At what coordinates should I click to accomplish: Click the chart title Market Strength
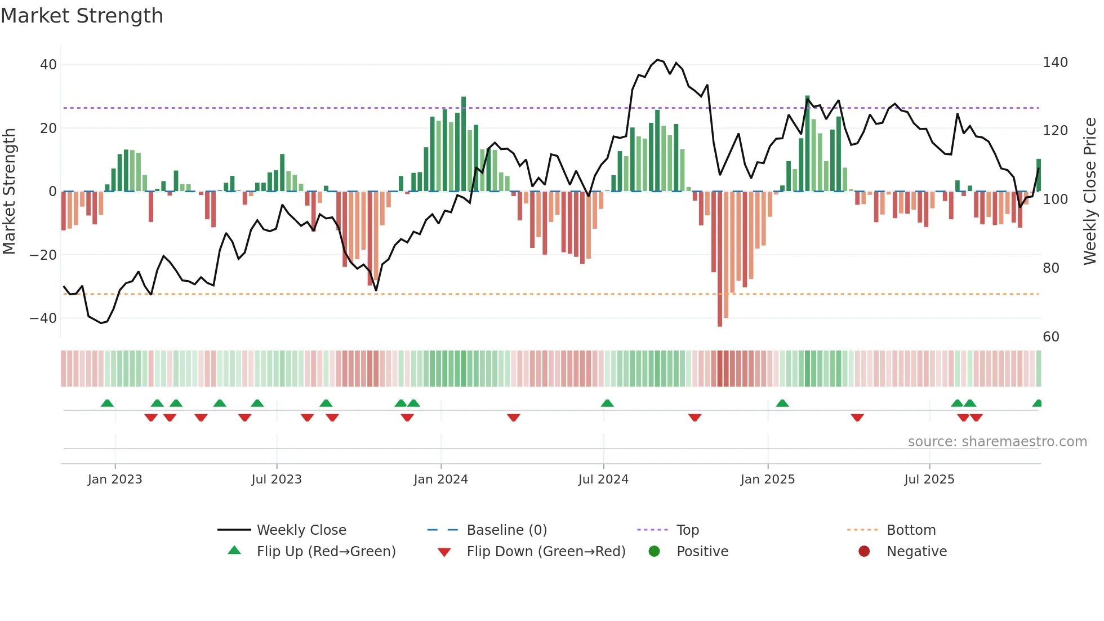tap(82, 16)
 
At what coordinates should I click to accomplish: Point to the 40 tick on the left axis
tap(48, 65)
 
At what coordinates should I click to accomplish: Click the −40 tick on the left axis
tap(43, 318)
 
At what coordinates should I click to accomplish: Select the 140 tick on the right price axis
tap(1055, 63)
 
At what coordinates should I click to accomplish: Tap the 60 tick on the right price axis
tap(1051, 337)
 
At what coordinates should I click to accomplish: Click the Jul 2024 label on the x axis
tap(603, 480)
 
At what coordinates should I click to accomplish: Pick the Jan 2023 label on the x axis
tap(115, 480)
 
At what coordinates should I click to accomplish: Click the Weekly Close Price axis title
tap(1090, 192)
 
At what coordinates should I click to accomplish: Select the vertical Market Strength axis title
tap(9, 192)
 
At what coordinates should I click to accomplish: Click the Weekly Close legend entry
tap(301, 530)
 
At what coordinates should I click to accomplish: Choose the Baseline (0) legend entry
tap(506, 530)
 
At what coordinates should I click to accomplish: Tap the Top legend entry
tap(687, 530)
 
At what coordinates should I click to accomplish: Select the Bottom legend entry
tap(911, 530)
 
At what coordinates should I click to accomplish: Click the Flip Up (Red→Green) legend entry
tap(326, 552)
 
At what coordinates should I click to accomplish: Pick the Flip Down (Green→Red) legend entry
tap(545, 552)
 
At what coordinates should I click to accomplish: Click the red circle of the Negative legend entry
tap(864, 552)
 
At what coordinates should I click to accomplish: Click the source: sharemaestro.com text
tap(997, 442)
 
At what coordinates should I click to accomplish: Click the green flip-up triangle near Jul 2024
tap(607, 403)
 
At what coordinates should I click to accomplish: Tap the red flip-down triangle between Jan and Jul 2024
tap(513, 418)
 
